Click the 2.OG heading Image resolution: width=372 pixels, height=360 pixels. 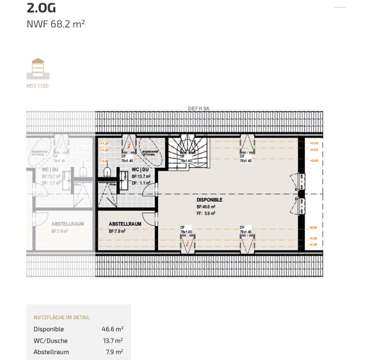click(x=42, y=8)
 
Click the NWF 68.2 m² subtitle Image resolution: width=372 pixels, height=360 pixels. click(x=56, y=25)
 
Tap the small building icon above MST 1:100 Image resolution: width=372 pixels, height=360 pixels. click(x=38, y=68)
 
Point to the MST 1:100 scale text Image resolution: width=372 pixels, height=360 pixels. click(x=37, y=86)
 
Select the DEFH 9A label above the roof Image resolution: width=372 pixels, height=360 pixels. click(x=199, y=108)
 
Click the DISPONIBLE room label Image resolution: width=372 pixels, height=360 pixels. click(x=210, y=200)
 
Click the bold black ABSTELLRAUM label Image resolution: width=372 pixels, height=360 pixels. click(x=125, y=224)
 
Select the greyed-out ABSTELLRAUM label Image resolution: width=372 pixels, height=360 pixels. click(x=68, y=224)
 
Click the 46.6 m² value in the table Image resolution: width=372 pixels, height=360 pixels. click(x=112, y=329)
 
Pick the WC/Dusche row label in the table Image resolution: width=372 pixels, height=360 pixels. click(x=51, y=341)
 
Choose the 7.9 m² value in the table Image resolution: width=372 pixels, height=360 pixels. click(x=114, y=352)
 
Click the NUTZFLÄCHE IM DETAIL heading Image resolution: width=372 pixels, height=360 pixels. click(x=61, y=317)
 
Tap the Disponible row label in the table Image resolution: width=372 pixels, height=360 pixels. click(x=49, y=329)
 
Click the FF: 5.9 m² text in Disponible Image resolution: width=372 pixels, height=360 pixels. click(x=206, y=213)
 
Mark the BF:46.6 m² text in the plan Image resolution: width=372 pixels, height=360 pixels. click(x=206, y=207)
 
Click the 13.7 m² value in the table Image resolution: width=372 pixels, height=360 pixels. click(x=112, y=341)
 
